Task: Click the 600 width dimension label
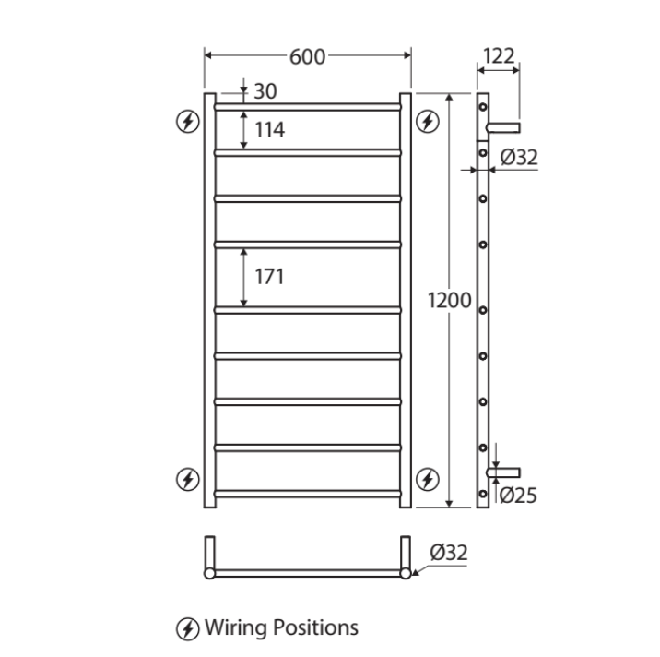pos(307,57)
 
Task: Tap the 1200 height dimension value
pos(450,300)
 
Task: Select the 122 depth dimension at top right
pos(499,57)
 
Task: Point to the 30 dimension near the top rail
pos(265,91)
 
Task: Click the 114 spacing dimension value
pos(269,130)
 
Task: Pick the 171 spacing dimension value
pos(269,276)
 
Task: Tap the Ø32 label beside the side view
pos(519,158)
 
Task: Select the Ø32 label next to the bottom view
pos(449,553)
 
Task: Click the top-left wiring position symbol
pos(188,121)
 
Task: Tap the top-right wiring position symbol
pos(427,121)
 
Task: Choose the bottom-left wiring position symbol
pos(188,478)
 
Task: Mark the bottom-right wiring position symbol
pos(427,478)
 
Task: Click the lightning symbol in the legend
pos(187,629)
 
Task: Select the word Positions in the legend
pos(315,628)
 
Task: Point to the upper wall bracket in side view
pos(504,126)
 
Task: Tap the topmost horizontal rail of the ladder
pos(308,107)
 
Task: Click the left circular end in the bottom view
pos(209,573)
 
